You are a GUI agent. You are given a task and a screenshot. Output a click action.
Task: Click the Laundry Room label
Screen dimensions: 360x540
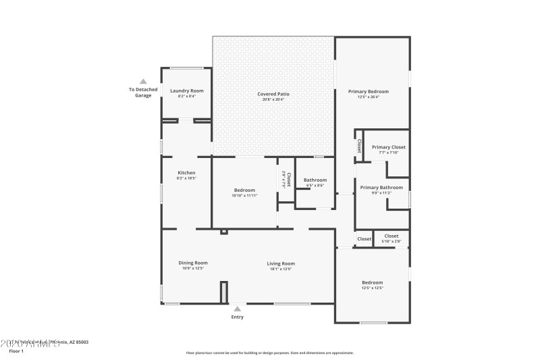(x=186, y=91)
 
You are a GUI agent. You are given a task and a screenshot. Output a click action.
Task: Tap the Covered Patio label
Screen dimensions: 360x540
(x=273, y=94)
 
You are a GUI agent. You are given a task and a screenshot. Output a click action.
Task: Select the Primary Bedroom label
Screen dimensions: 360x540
(x=368, y=91)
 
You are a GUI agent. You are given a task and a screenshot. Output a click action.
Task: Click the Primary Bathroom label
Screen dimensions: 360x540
(x=381, y=187)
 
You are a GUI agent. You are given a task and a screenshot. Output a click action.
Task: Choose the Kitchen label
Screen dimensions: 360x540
(x=186, y=173)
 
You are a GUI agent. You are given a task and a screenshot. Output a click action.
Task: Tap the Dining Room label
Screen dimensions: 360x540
(x=193, y=263)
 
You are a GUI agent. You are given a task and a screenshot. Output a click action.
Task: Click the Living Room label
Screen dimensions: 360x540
(x=281, y=263)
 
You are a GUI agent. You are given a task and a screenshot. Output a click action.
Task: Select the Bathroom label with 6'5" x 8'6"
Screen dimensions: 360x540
(x=315, y=180)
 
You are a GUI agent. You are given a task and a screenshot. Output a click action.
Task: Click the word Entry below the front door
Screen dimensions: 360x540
(x=238, y=317)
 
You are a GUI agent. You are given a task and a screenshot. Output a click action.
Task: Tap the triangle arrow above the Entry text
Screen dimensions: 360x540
(x=238, y=308)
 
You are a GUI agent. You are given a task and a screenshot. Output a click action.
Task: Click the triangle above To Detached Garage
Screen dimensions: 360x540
(x=143, y=81)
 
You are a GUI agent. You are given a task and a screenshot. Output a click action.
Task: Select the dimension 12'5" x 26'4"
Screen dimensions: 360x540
(x=369, y=97)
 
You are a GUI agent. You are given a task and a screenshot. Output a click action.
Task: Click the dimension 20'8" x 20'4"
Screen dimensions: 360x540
(x=273, y=99)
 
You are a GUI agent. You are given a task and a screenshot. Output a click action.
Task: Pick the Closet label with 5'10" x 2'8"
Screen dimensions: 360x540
(x=391, y=236)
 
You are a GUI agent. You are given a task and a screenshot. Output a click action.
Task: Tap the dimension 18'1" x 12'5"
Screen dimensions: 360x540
(x=281, y=269)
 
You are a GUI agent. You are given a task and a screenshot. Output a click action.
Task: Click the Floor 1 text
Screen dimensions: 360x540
(x=16, y=351)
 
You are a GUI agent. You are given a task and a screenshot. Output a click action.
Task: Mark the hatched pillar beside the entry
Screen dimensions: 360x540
(x=224, y=292)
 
